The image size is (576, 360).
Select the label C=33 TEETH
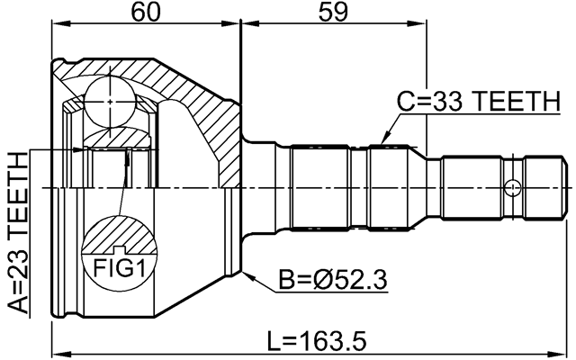point(478,103)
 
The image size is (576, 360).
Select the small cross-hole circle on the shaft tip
point(512,188)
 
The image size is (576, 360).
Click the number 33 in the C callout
point(446,103)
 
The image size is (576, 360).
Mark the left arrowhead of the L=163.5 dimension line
point(57,353)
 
